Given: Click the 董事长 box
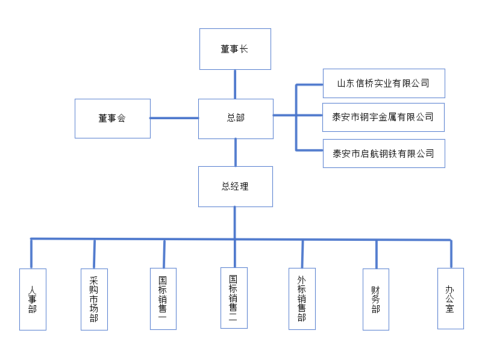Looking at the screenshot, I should (x=235, y=49).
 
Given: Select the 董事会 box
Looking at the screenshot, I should (x=112, y=119).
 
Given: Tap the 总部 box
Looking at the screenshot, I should (x=236, y=119).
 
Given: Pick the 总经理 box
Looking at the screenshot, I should (x=235, y=187).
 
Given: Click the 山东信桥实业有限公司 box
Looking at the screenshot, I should (x=384, y=83).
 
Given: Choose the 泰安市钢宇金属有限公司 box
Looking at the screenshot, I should (x=384, y=117).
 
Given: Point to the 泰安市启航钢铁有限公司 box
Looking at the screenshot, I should (x=384, y=154).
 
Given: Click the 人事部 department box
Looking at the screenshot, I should (x=33, y=299).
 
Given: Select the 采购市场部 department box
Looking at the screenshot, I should (x=94, y=299).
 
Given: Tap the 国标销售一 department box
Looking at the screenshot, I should (x=163, y=299).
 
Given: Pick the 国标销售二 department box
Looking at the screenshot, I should (x=234, y=297).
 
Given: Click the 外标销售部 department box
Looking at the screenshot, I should (x=302, y=299).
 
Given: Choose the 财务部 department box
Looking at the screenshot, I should (x=377, y=299).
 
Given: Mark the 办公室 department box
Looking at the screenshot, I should (x=450, y=299).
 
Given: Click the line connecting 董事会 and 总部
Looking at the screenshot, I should (x=174, y=118).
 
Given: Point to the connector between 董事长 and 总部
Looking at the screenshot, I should (x=235, y=84).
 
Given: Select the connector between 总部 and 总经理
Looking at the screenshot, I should (x=235, y=152).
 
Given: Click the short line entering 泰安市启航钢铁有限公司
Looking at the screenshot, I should (x=310, y=149).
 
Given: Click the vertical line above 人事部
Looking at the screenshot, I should (x=31, y=253).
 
